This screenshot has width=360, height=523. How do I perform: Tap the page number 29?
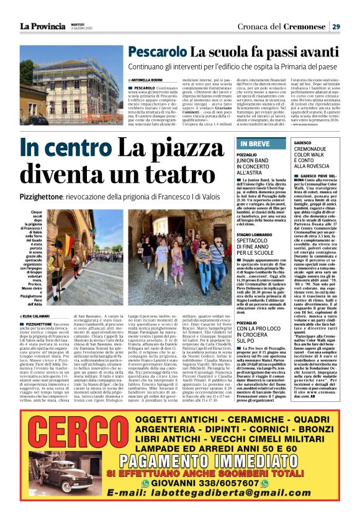click(x=336, y=26)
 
